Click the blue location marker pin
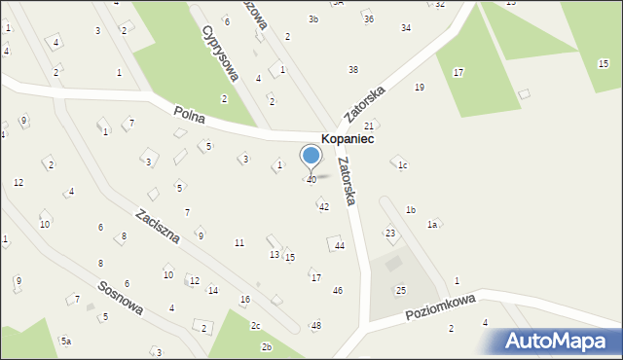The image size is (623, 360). [311, 157]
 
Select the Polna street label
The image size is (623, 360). [189, 114]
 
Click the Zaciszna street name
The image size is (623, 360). [157, 227]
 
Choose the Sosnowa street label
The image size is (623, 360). [121, 299]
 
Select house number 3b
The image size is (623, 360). [313, 19]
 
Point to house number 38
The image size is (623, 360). [353, 70]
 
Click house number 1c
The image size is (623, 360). [401, 165]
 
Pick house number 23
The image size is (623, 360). [390, 234]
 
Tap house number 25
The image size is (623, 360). [400, 291]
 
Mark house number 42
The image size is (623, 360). [324, 207]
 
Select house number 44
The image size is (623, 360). [340, 246]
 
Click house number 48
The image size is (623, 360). [315, 325]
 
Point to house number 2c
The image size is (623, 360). [255, 325]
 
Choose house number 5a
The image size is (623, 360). [66, 341]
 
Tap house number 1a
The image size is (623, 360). [432, 225]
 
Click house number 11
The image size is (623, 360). [239, 242]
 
